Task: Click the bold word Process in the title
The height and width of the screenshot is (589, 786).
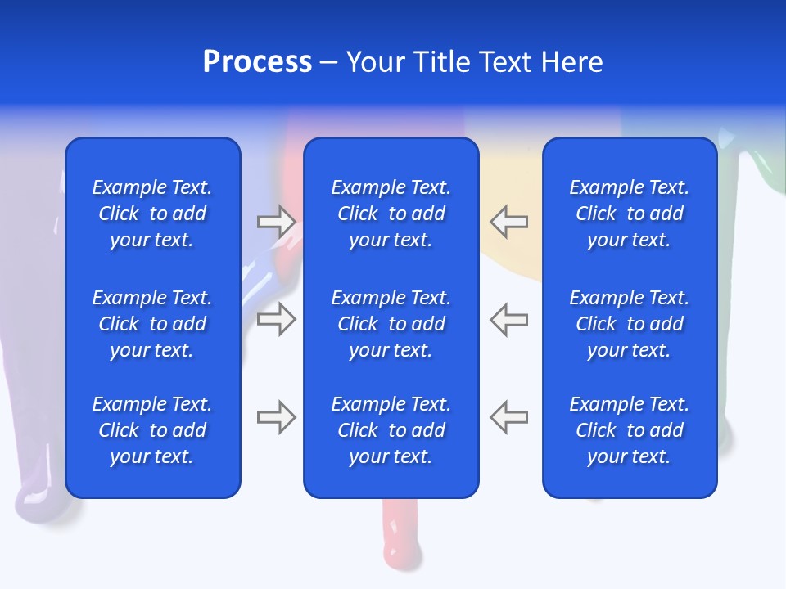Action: (257, 62)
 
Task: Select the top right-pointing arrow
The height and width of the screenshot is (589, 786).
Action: (276, 221)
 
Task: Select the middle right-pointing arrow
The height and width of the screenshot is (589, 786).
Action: (276, 319)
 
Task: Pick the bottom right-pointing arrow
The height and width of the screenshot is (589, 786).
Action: (276, 417)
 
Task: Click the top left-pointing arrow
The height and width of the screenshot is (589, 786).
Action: (508, 221)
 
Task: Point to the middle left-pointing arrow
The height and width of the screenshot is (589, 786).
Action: (508, 319)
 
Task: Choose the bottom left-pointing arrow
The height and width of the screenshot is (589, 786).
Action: (508, 417)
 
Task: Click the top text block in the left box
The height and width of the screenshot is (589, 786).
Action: (152, 214)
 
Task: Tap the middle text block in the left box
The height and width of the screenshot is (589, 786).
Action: (152, 324)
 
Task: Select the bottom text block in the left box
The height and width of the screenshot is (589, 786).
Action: (152, 430)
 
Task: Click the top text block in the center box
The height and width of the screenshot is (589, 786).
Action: (391, 214)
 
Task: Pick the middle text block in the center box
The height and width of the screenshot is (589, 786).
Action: (391, 324)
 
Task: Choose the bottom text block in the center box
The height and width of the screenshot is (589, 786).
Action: (391, 430)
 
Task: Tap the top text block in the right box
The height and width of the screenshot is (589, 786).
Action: (629, 214)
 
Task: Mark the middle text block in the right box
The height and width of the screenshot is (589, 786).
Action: (629, 324)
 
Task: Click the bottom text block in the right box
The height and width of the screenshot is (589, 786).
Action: (629, 430)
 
